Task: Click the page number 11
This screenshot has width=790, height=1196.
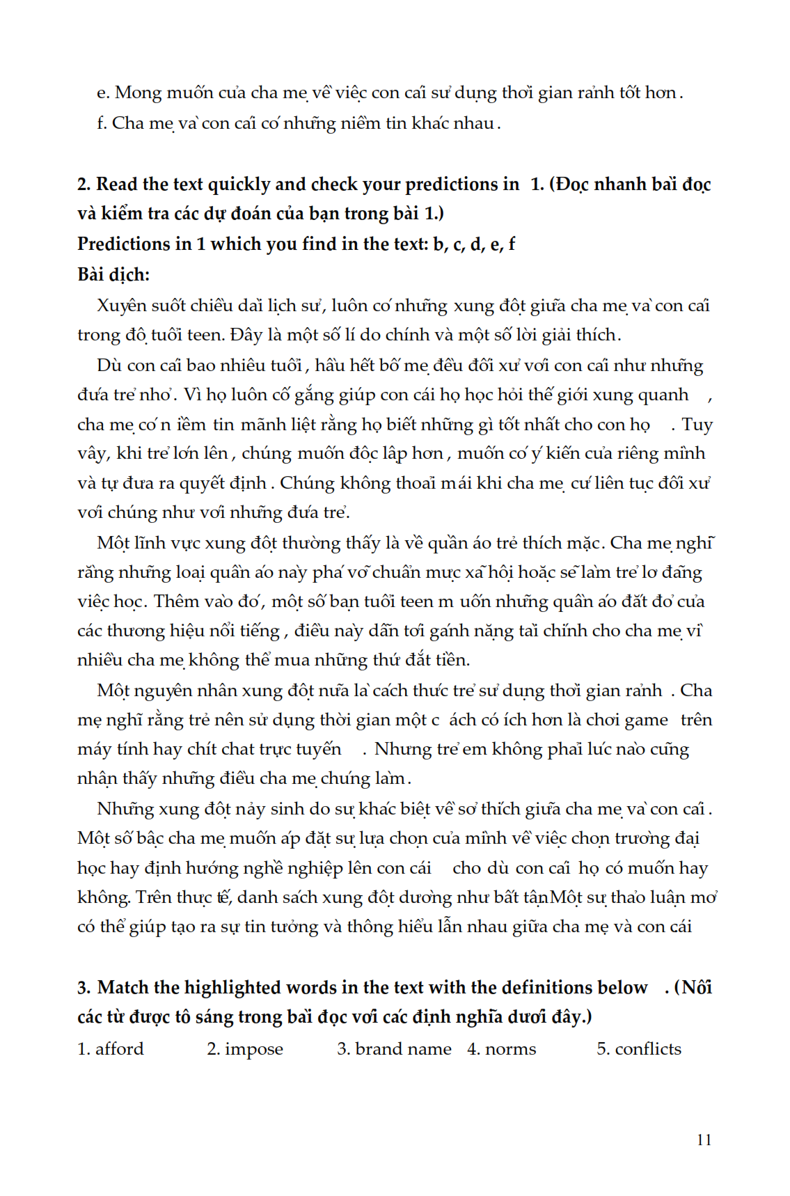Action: tap(704, 1140)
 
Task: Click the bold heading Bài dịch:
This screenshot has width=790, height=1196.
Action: tap(113, 274)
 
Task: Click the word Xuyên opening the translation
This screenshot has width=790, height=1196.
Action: tap(122, 306)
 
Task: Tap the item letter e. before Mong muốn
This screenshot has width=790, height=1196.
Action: tap(103, 93)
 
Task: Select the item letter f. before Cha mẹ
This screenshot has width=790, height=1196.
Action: tap(102, 123)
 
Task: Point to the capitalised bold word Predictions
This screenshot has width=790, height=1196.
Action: tap(124, 244)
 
